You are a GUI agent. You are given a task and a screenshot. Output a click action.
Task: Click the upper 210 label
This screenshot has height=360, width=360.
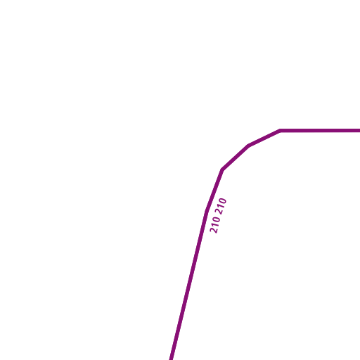point(221,206)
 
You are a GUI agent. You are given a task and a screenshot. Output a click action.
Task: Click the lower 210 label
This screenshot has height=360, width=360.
point(215,225)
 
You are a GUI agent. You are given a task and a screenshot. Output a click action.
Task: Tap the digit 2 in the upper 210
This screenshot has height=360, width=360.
point(219,212)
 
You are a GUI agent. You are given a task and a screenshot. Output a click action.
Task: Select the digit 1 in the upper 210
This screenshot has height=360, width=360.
point(221,207)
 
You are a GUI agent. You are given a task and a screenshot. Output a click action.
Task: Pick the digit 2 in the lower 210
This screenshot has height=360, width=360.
point(214,230)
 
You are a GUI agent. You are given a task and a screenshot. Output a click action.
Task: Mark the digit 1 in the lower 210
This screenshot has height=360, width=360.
point(215,225)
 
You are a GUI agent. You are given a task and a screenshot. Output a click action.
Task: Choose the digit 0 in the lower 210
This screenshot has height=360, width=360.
point(217,220)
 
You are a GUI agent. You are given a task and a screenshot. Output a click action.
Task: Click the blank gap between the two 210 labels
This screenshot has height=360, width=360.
point(218,215)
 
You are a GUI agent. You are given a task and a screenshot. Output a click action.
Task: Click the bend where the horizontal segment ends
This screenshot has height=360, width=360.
point(280,131)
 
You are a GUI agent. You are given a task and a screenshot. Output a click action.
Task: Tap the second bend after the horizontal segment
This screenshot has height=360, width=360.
point(249,146)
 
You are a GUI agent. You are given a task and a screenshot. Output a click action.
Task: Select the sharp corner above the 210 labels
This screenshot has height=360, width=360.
point(222,169)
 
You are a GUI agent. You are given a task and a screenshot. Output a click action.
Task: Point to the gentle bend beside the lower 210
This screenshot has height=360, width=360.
point(207,212)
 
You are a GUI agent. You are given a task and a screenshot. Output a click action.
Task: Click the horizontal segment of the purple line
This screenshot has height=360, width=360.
point(320,131)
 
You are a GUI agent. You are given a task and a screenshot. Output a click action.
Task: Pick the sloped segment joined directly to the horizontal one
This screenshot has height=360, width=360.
point(264,139)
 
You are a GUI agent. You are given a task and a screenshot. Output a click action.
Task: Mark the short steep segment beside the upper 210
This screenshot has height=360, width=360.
point(214,191)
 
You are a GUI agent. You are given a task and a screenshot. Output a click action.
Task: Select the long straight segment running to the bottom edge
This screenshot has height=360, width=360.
point(188,285)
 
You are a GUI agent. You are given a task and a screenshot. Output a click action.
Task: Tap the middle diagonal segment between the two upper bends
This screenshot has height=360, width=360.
point(236,157)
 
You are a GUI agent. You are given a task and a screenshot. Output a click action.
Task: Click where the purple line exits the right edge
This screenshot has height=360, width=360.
point(359,131)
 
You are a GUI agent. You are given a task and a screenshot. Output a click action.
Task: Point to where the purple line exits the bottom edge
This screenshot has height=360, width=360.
point(172,359)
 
